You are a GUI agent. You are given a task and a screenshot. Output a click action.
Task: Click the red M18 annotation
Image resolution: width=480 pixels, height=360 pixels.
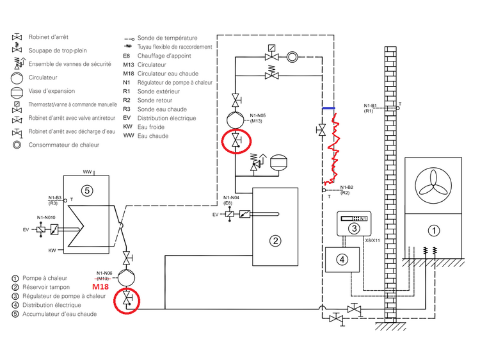click(100, 287)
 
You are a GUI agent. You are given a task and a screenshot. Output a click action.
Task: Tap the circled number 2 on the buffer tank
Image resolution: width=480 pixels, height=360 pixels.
click(275, 241)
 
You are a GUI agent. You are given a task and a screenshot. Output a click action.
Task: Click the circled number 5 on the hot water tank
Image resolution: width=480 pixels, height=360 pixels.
click(87, 191)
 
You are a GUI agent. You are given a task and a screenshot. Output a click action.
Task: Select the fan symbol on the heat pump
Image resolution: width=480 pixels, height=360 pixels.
click(433, 185)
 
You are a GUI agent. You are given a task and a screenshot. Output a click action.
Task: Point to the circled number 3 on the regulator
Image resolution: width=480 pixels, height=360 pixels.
click(354, 228)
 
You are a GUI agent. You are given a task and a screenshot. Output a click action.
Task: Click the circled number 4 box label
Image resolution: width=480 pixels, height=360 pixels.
click(342, 260)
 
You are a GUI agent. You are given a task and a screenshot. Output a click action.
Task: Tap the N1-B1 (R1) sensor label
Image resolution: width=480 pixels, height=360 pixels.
click(370, 108)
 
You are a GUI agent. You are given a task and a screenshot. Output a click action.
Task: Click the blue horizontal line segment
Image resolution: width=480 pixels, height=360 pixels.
click(328, 108)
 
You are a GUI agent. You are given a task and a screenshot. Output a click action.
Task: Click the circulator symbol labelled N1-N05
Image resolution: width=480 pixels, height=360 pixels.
click(235, 120)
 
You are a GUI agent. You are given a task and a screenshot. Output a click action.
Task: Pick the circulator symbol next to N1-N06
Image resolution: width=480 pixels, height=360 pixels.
click(127, 277)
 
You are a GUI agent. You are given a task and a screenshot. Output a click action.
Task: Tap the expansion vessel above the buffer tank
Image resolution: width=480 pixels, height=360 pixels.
click(278, 162)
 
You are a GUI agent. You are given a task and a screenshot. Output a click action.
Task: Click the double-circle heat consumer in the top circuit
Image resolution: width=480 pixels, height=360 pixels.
click(292, 57)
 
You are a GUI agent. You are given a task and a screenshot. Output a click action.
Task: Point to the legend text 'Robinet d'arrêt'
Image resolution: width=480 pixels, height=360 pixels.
click(49, 37)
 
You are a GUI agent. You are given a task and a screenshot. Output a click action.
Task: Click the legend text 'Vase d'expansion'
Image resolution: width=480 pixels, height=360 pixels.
click(52, 91)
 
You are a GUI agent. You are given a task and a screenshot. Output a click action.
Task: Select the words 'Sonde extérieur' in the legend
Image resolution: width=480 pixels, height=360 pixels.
click(159, 92)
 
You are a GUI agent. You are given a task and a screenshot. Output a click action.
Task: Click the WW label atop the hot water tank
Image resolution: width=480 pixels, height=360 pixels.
click(87, 172)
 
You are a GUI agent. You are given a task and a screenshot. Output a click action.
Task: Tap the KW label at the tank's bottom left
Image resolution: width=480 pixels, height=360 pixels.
click(52, 250)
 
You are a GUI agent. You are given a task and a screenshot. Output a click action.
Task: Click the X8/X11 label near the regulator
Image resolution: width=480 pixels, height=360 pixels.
click(372, 240)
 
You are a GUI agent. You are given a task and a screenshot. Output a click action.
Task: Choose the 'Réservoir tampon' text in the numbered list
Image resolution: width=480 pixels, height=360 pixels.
click(46, 287)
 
